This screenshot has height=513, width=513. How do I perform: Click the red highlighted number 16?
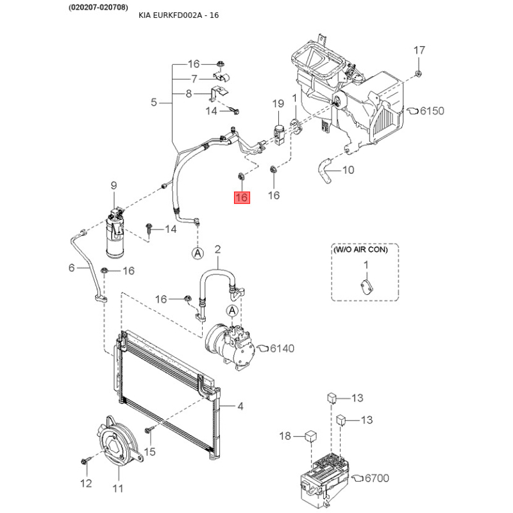[242, 198]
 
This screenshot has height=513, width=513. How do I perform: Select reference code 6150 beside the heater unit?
[432, 111]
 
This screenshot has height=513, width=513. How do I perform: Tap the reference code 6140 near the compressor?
[282, 348]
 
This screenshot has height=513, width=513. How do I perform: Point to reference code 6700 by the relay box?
[377, 478]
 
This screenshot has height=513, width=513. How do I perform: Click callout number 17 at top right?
[419, 50]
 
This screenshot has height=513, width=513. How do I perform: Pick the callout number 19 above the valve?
[278, 103]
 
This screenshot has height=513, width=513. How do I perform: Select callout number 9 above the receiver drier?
[114, 185]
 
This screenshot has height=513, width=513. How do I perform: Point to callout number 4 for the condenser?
[240, 407]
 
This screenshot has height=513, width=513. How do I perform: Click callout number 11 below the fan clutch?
[118, 489]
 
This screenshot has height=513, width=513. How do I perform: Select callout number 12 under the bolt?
[86, 484]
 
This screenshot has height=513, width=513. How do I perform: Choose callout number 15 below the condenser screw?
[149, 452]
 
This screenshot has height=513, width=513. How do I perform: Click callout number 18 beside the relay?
[285, 436]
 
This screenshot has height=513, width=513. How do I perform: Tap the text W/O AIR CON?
[360, 249]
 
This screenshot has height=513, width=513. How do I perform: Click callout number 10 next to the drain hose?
[348, 170]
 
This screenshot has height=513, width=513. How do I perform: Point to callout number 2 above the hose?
[217, 249]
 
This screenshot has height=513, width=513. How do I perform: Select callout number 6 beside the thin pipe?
[72, 267]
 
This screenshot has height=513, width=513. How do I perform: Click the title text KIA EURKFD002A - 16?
[179, 15]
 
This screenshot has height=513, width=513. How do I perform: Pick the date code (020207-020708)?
[98, 7]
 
